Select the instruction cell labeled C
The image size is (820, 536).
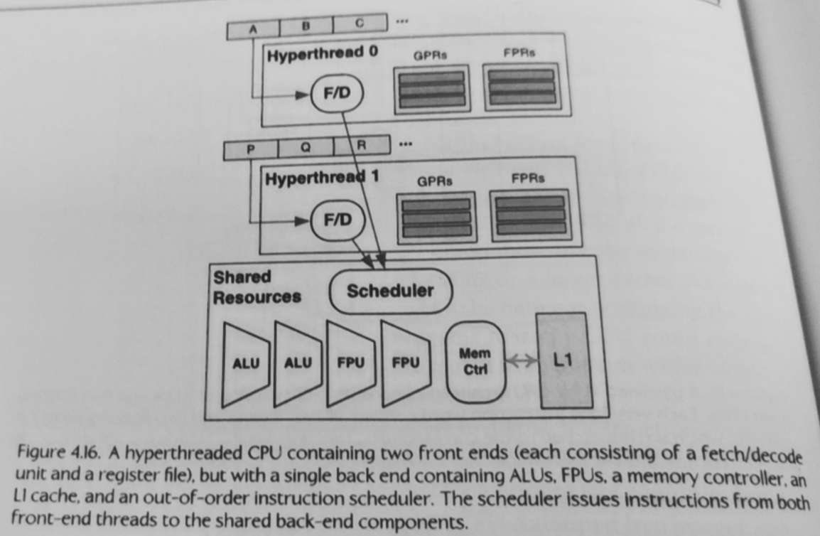point(360,23)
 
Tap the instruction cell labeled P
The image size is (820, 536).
point(250,150)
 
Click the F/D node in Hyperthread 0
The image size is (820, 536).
point(337,94)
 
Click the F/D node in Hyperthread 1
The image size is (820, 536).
point(338,220)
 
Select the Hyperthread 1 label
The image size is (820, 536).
point(321,178)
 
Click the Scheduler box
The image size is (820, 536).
point(390,291)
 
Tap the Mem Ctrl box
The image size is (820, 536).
point(475,361)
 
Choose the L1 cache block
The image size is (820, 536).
point(562,360)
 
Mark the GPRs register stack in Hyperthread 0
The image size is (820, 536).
point(431,89)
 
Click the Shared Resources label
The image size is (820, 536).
point(257,287)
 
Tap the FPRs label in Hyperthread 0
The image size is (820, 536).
point(522,53)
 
